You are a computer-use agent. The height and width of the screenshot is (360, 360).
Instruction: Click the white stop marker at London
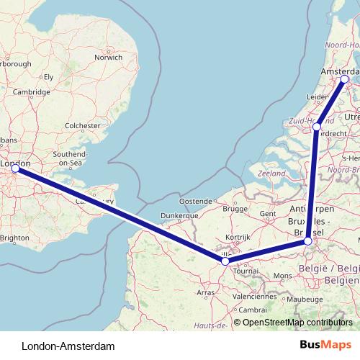(16, 168)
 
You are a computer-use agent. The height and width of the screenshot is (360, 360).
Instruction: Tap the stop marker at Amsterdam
(345, 78)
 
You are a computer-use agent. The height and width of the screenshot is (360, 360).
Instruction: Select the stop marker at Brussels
(308, 241)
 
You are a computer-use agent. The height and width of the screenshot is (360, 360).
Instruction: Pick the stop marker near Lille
(225, 261)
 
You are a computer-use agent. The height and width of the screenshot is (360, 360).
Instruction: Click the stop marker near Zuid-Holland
(317, 127)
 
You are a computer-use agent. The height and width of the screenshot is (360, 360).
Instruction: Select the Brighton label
(15, 237)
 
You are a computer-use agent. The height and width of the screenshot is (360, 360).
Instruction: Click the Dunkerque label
(179, 215)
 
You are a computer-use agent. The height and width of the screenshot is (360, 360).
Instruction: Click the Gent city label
(268, 214)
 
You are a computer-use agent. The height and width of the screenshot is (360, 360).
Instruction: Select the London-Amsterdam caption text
(68, 346)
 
